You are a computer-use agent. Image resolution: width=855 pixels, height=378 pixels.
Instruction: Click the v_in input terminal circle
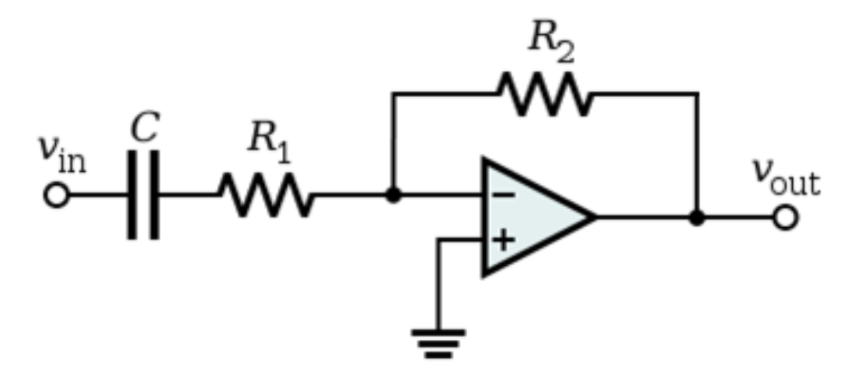coord(56,195)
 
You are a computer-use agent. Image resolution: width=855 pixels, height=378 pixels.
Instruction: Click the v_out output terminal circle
coord(786,218)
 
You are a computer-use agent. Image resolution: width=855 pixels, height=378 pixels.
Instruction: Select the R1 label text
coord(269,139)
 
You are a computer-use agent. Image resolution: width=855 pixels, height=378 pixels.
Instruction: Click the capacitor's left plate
coord(133,195)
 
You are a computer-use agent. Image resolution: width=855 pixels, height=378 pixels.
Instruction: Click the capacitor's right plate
coord(154,195)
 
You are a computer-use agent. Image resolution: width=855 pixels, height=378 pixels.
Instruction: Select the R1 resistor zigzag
coord(267,195)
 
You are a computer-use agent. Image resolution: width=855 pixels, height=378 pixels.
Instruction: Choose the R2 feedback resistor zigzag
coord(546,94)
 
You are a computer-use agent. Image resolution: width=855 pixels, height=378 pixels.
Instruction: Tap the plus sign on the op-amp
coord(504,240)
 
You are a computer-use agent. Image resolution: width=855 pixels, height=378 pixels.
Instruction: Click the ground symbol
coord(438,342)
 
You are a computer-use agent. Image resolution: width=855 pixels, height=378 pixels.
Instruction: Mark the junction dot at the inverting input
coord(394,195)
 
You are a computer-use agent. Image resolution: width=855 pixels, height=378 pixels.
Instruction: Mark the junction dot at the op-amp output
coord(697,218)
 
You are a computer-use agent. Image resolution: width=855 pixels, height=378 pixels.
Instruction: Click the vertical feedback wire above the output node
coord(697,156)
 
